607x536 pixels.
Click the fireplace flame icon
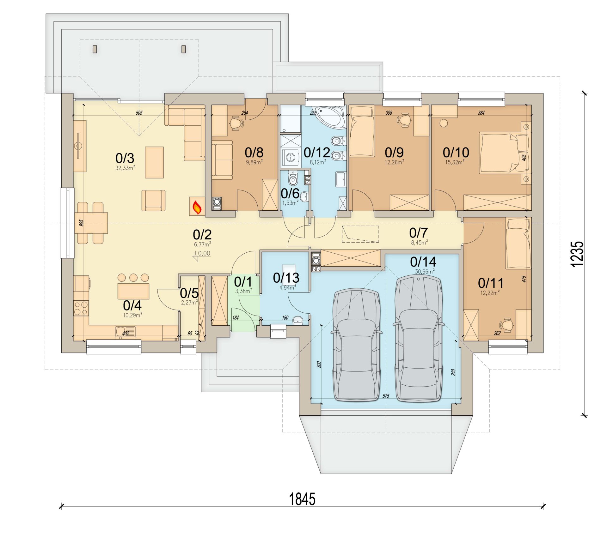tap(197, 207)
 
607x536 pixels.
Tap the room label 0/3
tap(125, 158)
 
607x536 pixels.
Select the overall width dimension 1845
tap(302, 499)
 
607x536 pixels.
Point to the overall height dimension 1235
tap(577, 254)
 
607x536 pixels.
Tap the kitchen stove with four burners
tap(81, 308)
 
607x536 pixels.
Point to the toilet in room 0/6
tap(293, 179)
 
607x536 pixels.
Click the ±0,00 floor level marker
tap(202, 253)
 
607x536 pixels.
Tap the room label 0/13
tap(286, 278)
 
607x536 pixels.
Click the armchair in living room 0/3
tap(153, 200)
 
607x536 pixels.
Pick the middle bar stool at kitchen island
tap(133, 278)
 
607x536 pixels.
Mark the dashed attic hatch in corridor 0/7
tap(360, 234)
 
